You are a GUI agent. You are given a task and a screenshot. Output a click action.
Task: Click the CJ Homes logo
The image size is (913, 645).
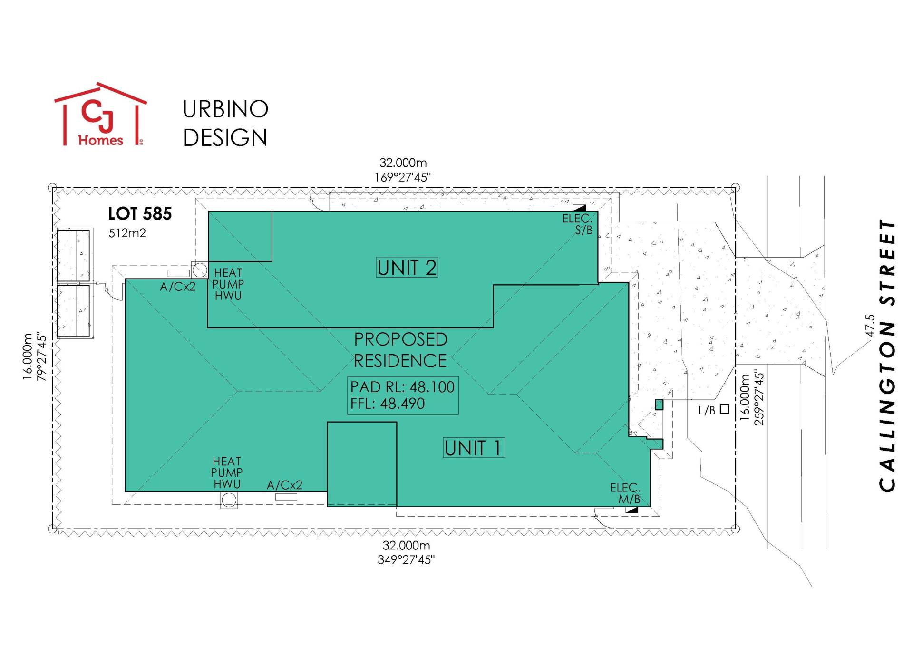point(101,115)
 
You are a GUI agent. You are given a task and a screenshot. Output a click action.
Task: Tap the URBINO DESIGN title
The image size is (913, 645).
point(225,124)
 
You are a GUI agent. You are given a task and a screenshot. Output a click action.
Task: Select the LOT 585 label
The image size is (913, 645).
point(140,214)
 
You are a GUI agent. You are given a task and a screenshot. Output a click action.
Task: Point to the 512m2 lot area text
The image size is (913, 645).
point(127,233)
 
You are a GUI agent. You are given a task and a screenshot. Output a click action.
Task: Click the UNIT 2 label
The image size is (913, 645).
point(407,268)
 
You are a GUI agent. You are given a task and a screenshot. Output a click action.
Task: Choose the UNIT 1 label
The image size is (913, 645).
point(474,448)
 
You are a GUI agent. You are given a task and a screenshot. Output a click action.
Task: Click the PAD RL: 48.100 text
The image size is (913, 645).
point(402,387)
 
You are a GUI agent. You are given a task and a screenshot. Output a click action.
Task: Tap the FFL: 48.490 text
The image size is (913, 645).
point(388,404)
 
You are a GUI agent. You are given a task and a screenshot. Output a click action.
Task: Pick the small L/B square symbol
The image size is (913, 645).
point(725,409)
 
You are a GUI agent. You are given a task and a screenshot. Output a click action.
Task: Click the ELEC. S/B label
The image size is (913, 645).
point(578,224)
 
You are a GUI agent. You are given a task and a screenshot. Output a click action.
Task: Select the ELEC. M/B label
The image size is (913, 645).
point(625,493)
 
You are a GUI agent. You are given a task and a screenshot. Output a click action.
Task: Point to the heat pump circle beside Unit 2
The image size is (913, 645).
point(200,270)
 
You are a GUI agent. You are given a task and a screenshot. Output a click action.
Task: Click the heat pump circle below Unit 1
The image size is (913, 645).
point(229,500)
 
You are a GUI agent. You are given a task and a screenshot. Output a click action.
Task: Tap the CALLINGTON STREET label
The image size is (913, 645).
point(887,356)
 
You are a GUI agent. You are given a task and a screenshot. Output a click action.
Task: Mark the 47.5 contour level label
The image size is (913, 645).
point(870,326)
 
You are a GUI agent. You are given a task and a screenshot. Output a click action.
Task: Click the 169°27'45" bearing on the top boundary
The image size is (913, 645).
point(403,177)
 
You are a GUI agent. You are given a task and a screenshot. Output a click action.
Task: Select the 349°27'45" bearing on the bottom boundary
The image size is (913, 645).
point(406,560)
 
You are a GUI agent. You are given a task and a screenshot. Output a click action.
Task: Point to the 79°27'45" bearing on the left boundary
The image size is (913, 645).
point(42,357)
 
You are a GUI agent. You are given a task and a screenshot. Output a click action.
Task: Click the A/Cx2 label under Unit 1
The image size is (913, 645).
point(284,485)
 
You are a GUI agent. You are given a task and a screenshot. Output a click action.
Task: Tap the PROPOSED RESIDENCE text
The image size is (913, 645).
point(400,350)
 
